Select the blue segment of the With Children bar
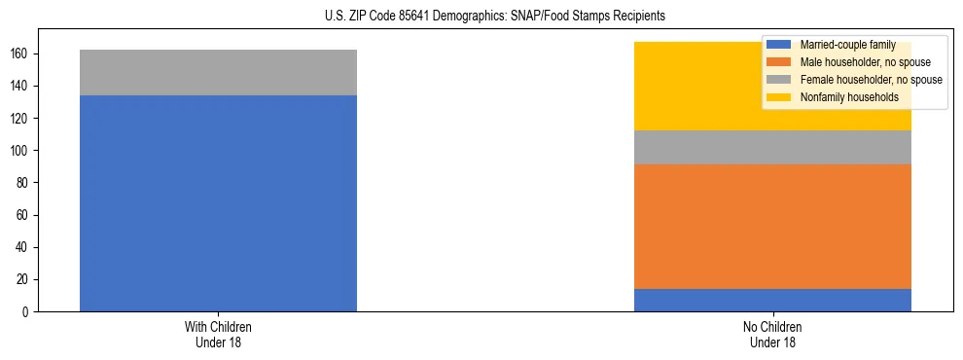[x=218, y=203]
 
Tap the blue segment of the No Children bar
[x=772, y=300]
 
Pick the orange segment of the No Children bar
[x=772, y=227]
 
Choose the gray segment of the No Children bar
[x=772, y=147]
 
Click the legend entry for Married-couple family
[x=846, y=45]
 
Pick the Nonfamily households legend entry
[x=848, y=97]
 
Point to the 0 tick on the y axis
[x=26, y=311]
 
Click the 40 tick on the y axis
[x=23, y=247]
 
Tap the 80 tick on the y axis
[x=23, y=183]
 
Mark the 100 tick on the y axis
[x=20, y=151]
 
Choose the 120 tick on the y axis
[x=20, y=118]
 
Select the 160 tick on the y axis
[x=20, y=54]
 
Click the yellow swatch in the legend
[x=779, y=97]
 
